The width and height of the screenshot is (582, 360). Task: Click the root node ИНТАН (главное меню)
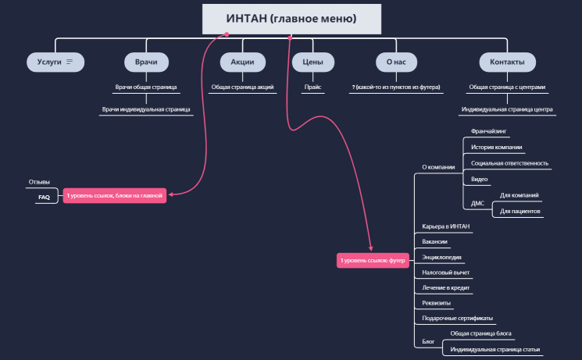tap(291, 19)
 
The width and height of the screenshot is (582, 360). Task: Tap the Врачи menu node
tap(146, 62)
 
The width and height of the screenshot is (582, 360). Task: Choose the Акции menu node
tap(242, 62)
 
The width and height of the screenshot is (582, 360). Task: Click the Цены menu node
tap(313, 62)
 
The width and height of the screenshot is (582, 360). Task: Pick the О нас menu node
tap(395, 62)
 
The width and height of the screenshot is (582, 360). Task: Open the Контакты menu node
tap(507, 62)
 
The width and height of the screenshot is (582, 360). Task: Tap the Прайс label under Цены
tap(313, 87)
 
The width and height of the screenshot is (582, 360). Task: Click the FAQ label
tap(44, 198)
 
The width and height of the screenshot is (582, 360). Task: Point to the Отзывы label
tap(39, 182)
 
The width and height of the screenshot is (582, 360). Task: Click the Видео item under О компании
tap(480, 179)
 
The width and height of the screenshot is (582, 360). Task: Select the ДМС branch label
tap(478, 203)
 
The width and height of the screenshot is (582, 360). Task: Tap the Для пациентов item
tap(520, 211)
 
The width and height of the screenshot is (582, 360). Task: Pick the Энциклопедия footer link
tap(441, 257)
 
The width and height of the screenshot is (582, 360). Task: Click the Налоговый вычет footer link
tap(445, 273)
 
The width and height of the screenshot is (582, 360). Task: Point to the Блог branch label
tap(427, 341)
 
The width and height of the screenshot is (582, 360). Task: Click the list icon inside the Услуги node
tap(70, 62)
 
